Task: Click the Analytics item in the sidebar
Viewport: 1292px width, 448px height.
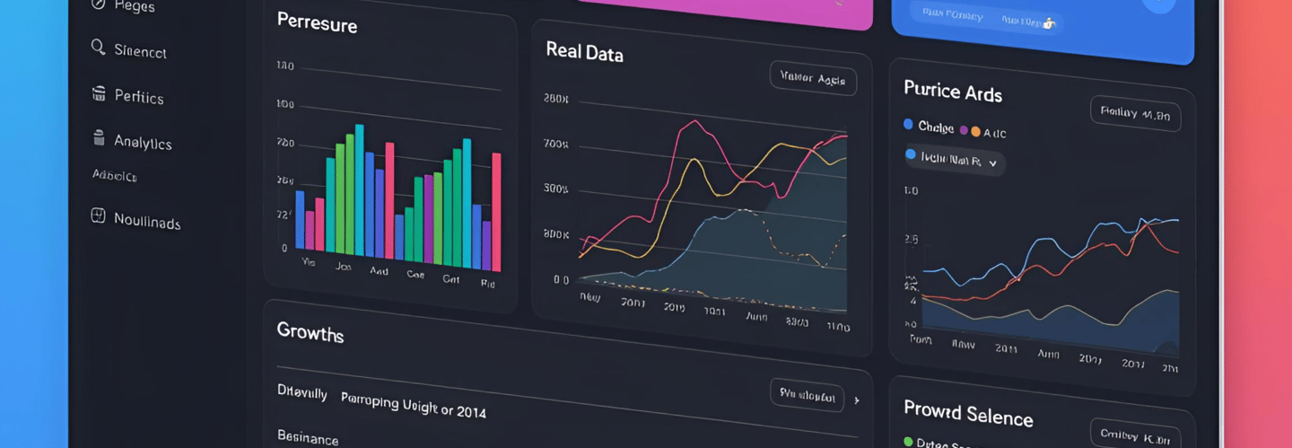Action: (142, 142)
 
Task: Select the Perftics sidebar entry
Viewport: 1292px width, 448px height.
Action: (138, 96)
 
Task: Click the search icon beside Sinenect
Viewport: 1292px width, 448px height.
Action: (99, 47)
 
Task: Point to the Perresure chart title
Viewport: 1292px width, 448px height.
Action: (317, 22)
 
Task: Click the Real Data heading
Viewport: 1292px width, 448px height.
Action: (584, 52)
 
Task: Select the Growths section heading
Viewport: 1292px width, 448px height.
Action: (310, 333)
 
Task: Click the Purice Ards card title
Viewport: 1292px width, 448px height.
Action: (952, 91)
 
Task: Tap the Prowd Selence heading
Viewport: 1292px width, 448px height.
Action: (968, 413)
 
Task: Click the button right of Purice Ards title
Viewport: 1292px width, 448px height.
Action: (1135, 114)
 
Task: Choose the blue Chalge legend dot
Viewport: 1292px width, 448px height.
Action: (909, 125)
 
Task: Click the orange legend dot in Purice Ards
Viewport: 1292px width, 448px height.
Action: (975, 131)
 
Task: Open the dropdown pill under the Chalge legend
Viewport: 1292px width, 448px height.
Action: (955, 162)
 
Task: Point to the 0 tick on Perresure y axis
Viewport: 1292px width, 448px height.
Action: (284, 248)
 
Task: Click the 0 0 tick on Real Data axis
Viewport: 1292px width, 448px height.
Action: (561, 279)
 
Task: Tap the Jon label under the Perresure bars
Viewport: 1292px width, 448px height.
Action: (343, 267)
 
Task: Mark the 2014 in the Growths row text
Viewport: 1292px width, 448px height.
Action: (470, 412)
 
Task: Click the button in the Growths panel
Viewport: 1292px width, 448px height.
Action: (807, 395)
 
